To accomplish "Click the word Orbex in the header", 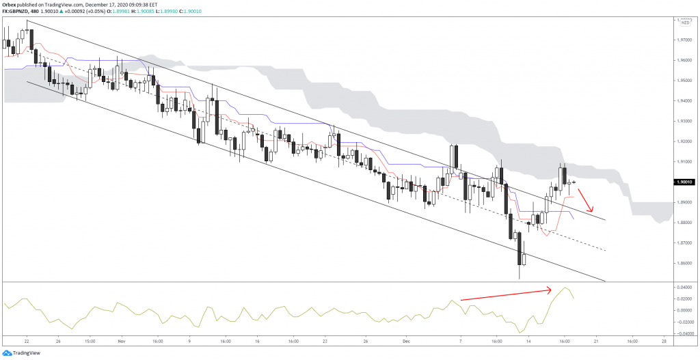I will [10, 4].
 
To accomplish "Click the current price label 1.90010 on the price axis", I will [684, 182].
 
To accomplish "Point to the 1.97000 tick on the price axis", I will [684, 40].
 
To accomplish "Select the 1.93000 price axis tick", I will [684, 121].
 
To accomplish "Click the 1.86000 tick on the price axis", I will [684, 264].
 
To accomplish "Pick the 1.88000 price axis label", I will [684, 223].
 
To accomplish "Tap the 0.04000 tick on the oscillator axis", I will [684, 288].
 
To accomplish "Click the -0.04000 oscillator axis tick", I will [684, 333].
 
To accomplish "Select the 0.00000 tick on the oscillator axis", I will [684, 310].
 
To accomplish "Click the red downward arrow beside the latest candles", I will [586, 200].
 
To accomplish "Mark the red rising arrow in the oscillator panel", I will [506, 295].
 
